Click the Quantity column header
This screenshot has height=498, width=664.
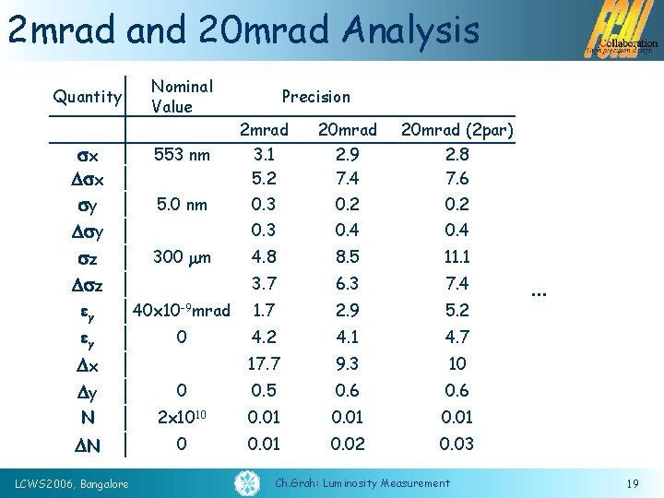pos(88,97)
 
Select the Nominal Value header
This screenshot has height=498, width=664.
pos(182,97)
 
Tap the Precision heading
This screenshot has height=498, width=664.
pos(315,97)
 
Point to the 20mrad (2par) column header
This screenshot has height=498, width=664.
pos(456,130)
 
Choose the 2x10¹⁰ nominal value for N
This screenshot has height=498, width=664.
pos(181,418)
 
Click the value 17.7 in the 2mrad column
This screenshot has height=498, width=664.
pos(264,364)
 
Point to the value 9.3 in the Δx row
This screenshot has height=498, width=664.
pos(347,364)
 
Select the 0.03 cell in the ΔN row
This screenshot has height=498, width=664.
pos(456,445)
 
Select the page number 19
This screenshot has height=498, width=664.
pos(632,483)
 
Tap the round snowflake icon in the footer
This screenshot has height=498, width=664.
pos(248,482)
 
